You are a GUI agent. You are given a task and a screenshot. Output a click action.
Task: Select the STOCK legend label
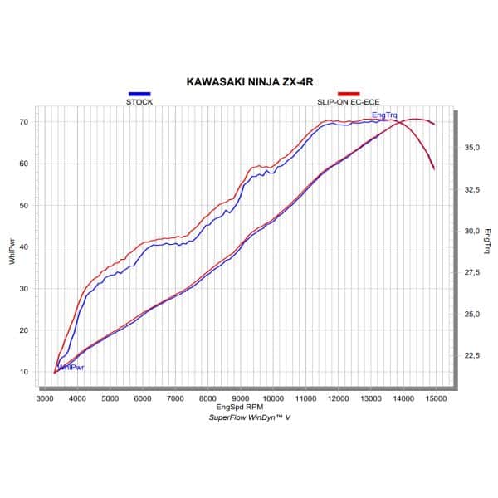point(139,101)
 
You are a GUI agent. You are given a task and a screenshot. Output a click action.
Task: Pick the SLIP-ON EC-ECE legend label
point(348,101)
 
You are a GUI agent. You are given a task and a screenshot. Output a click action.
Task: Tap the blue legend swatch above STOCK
point(139,94)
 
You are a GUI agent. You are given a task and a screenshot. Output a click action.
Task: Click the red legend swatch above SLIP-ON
point(349,94)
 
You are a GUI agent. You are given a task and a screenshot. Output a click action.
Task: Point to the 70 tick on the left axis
point(24,122)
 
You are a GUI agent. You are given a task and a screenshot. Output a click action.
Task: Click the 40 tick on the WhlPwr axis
point(24,247)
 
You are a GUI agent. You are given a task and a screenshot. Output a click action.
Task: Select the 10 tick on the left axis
point(24,372)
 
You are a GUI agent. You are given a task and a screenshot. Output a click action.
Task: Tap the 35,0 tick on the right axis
point(472,148)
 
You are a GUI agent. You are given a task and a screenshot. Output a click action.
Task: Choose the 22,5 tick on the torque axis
point(472,356)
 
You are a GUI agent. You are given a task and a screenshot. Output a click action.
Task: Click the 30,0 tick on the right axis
point(472,232)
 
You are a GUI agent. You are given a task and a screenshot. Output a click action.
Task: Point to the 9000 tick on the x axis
point(240,399)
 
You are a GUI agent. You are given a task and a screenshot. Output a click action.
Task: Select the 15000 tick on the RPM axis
point(436,399)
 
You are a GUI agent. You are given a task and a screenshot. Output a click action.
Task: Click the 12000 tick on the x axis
point(338,399)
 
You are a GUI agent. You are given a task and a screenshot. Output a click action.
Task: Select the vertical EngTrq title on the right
point(489,239)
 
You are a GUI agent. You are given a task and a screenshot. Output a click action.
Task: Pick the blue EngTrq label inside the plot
point(384,115)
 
